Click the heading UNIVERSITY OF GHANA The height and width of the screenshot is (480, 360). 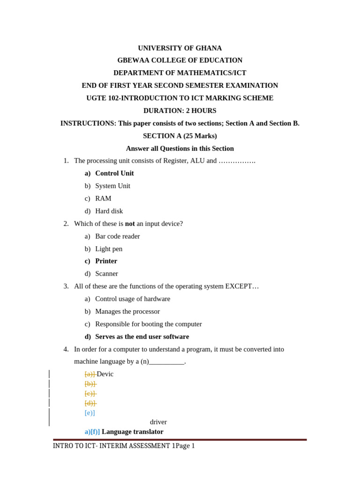coord(180,48)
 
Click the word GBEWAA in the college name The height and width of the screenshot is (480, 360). coord(132,60)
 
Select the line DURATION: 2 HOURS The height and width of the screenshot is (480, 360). coord(180,111)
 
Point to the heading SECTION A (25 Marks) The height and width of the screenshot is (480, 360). coord(180,136)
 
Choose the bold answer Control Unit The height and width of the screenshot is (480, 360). coord(114,173)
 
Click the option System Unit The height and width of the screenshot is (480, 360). coord(112,186)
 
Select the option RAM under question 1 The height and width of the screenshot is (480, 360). coord(103,199)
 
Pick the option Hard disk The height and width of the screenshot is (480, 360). coord(109,211)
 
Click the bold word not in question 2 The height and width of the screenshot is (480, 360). coord(130,224)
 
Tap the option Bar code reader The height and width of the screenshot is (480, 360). coord(117,237)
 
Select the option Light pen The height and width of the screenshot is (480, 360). coord(109,249)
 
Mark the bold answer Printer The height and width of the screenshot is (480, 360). coord(106,261)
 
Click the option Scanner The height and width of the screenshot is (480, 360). coord(106,274)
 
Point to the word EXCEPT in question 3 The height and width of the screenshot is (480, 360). coord(240,286)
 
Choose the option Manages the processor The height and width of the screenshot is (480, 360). coord(127,312)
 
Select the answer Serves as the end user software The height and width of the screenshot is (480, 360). coord(142,337)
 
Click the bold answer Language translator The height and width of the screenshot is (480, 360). coord(133,432)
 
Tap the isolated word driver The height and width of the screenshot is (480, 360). coord(158,422)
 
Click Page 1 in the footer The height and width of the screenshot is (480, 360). coord(185,446)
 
